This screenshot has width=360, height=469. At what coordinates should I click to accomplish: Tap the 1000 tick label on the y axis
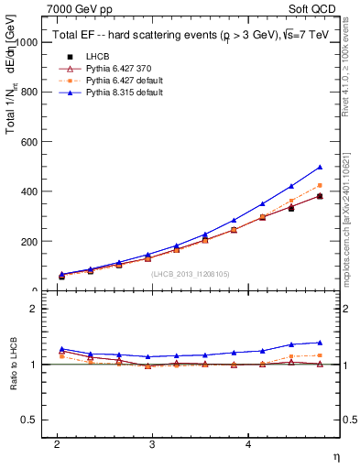tap(27, 43)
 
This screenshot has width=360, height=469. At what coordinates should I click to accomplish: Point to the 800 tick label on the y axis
tap(29, 93)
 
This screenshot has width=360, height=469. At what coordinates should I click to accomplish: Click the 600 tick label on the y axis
tap(29, 142)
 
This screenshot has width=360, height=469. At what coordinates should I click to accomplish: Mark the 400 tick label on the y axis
tap(29, 192)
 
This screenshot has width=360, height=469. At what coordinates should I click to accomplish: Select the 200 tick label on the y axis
tap(29, 242)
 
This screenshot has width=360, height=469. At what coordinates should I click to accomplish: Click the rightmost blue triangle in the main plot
tap(320, 167)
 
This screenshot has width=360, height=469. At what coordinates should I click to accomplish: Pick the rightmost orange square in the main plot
tap(320, 185)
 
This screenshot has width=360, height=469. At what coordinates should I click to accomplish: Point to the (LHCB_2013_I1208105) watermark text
tap(190, 273)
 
